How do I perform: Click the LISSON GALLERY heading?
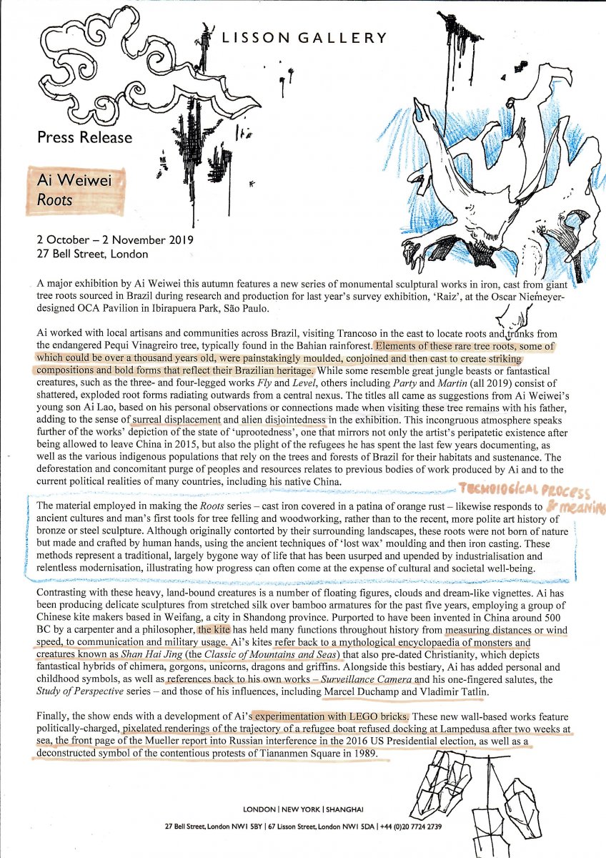(304, 37)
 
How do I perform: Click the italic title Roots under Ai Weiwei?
(56, 200)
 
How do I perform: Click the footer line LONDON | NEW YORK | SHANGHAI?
(303, 809)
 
